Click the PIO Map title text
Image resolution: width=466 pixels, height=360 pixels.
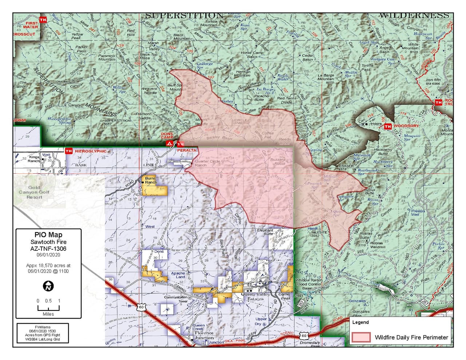[x=48, y=235]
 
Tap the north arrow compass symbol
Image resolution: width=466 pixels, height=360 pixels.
[x=48, y=286]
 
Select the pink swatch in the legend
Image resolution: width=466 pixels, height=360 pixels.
[x=361, y=337]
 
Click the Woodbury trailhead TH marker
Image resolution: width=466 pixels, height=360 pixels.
[x=388, y=126]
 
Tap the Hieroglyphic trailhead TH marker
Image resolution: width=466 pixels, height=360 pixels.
[x=68, y=151]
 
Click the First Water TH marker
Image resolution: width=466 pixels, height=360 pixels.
[x=43, y=20]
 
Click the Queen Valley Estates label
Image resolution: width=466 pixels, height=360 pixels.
[x=255, y=297]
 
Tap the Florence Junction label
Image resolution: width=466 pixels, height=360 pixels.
[x=204, y=335]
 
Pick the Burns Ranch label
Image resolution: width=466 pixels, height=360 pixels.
[x=150, y=180]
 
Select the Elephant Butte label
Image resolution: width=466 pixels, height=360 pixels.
[x=265, y=232]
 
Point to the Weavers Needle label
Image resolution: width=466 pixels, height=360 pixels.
[x=149, y=91]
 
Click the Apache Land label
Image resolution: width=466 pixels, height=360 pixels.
[x=178, y=275]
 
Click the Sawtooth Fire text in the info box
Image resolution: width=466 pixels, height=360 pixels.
[x=48, y=242]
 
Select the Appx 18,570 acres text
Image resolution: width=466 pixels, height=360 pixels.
[x=48, y=268]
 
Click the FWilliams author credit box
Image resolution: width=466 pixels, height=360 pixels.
[x=43, y=333]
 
